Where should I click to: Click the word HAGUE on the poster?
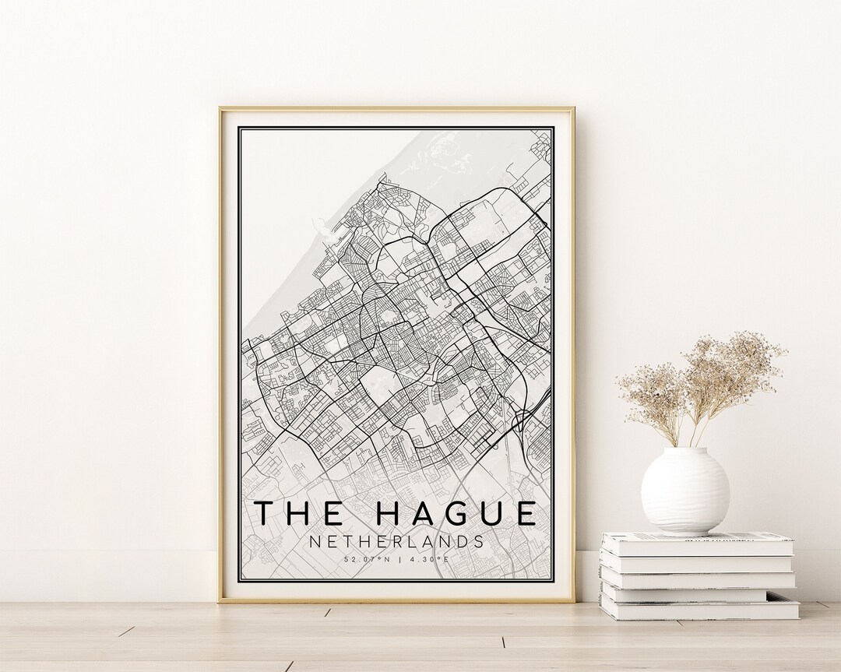tap(458, 513)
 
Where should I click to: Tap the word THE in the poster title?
tap(300, 513)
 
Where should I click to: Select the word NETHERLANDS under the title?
tap(396, 541)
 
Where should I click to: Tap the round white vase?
tap(684, 491)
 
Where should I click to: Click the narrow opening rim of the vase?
tap(685, 450)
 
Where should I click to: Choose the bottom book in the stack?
tap(698, 607)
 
